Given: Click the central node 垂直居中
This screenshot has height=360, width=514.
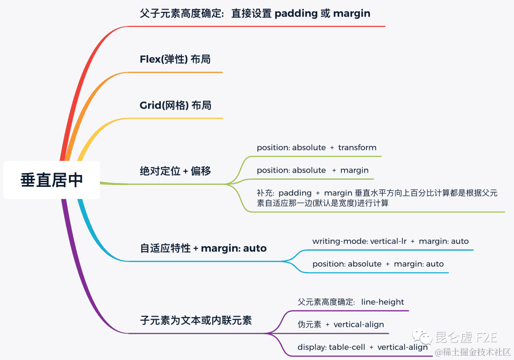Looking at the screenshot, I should point(51,180).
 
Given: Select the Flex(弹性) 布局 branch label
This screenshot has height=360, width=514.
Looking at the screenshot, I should point(175,59).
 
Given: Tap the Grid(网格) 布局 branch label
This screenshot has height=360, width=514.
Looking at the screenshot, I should point(175,105).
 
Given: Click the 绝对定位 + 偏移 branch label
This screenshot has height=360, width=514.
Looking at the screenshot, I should point(175,171).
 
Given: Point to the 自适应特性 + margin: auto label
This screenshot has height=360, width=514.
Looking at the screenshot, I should point(203,248).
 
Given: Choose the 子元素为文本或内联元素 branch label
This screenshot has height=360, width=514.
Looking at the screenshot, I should point(196,321).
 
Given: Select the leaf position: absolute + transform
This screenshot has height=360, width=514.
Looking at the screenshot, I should point(316,147).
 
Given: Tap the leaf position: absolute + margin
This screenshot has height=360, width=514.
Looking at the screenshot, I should point(313,170).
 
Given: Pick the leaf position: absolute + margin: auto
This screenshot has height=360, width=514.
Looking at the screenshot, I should point(378,264).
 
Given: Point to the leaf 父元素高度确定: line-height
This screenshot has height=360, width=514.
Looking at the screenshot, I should point(351,302).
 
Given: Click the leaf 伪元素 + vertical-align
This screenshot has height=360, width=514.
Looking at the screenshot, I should point(341,325).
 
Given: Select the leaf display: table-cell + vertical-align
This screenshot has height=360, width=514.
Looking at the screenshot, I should point(363,347).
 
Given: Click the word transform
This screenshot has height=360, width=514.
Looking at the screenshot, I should point(357,147).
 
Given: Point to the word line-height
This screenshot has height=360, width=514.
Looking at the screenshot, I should point(383,302).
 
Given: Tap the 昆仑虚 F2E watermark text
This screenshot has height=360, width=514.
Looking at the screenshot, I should point(466,338).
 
